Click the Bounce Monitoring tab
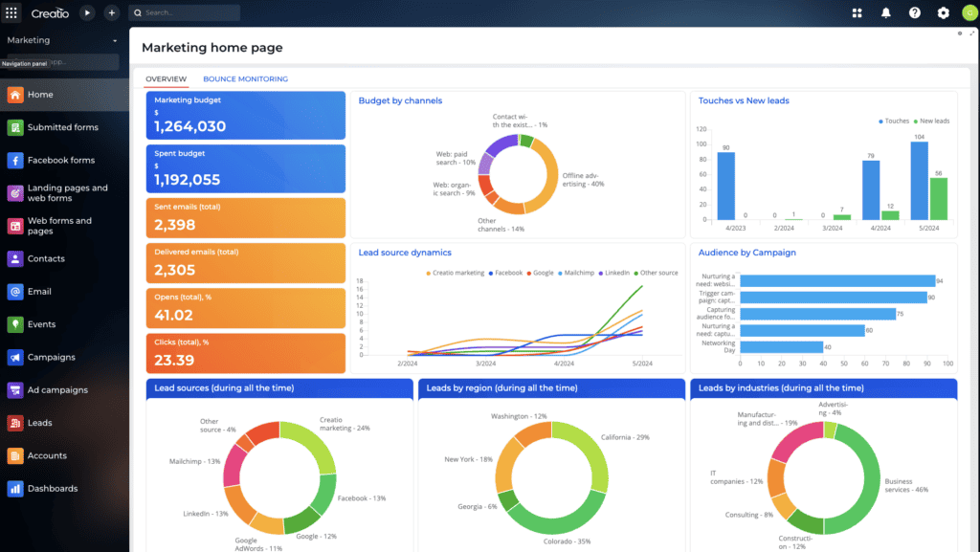(x=245, y=79)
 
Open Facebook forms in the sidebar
(x=61, y=160)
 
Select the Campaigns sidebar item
(x=51, y=357)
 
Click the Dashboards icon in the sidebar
(x=15, y=489)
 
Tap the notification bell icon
(x=885, y=13)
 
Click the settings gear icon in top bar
(x=943, y=13)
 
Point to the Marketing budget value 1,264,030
(x=189, y=126)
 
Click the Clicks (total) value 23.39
(x=174, y=360)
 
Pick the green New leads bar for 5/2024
(x=938, y=198)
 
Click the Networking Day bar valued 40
(x=782, y=347)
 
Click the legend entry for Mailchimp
(x=576, y=273)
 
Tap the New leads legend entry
(x=931, y=121)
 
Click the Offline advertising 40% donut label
(x=583, y=179)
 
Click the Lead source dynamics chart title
(x=405, y=253)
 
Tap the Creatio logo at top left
(x=49, y=13)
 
